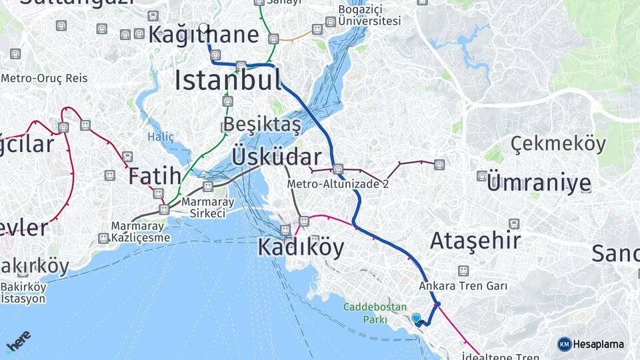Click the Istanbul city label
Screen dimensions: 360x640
coord(228,80)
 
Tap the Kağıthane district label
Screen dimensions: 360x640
coord(203,35)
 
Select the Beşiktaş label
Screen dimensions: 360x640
coord(262,124)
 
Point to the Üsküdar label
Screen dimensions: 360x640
coord(276,157)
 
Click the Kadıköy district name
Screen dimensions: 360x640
coord(301,247)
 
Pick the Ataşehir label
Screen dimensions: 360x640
coord(475,241)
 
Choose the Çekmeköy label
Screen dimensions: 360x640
coord(559,143)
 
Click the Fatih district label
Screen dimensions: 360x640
coord(154,176)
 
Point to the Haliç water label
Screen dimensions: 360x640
coord(161,137)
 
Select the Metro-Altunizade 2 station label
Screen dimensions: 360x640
coord(337,184)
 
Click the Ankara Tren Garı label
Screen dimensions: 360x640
coord(463,286)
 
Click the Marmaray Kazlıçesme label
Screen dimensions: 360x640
coord(141,231)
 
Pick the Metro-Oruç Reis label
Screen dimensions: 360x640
coord(44,79)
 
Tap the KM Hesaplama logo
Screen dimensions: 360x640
coord(591,344)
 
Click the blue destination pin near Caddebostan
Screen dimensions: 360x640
coord(417,319)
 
